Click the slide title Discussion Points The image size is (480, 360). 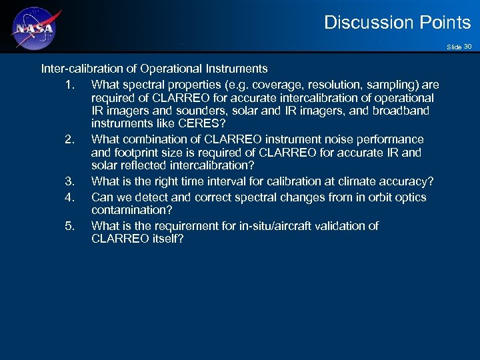pyautogui.click(x=397, y=23)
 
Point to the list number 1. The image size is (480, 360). pyautogui.click(x=69, y=85)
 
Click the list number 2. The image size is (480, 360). pyautogui.click(x=69, y=139)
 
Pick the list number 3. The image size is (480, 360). pyautogui.click(x=69, y=181)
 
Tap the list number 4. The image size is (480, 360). pyautogui.click(x=69, y=197)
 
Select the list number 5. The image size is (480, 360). pyautogui.click(x=69, y=226)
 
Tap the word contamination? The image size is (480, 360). pyautogui.click(x=132, y=210)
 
